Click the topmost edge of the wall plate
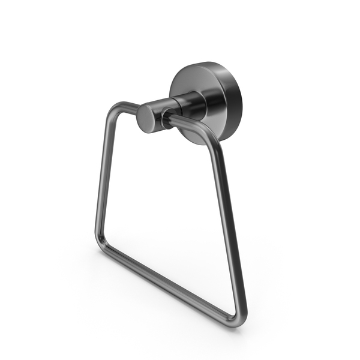click(207, 62)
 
